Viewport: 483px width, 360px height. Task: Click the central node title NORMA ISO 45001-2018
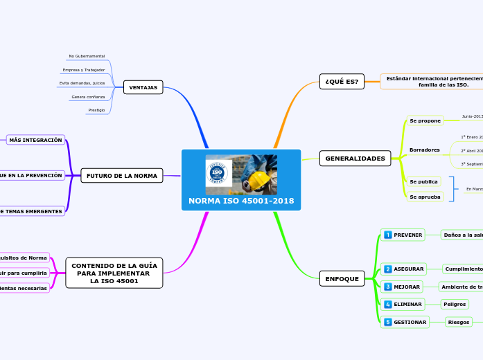[241, 201]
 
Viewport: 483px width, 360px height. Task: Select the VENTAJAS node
[143, 87]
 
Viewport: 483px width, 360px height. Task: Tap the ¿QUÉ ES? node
[342, 82]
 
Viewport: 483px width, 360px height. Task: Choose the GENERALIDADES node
[355, 159]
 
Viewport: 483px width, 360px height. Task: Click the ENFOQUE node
[342, 279]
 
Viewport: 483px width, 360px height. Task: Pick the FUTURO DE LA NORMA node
[122, 176]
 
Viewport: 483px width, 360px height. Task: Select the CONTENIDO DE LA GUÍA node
[114, 273]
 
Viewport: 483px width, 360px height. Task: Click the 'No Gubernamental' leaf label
[87, 56]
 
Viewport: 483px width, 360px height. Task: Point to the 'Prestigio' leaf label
[96, 110]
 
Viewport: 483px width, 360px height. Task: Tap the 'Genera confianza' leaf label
[88, 97]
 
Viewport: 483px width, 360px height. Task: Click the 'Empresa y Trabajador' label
[84, 70]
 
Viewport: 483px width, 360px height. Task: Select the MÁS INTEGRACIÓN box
[35, 140]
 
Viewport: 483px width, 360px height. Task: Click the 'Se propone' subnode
[425, 120]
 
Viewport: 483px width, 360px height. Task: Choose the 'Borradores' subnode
[424, 150]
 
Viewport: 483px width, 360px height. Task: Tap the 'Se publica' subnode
[423, 181]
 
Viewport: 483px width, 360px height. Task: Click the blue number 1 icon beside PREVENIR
[388, 235]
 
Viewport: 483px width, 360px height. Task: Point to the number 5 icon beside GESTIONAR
[388, 322]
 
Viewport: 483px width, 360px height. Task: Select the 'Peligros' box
[455, 304]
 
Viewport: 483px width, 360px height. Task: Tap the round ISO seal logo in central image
[218, 173]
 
